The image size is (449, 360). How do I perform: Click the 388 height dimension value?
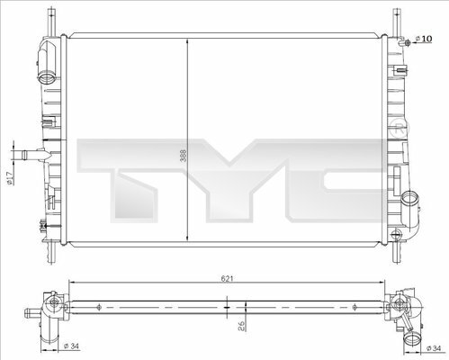pyautogui.click(x=184, y=156)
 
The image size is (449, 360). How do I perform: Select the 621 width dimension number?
pyautogui.click(x=227, y=279)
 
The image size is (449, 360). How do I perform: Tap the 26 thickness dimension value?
pyautogui.click(x=241, y=326)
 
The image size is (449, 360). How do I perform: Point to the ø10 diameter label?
pyautogui.click(x=424, y=39)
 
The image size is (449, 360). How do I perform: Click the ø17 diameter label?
pyautogui.click(x=9, y=178)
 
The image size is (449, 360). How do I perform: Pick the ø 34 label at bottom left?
pyautogui.click(x=71, y=346)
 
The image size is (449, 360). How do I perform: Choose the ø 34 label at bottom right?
pyautogui.click(x=434, y=348)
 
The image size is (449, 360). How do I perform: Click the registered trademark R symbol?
pyautogui.click(x=400, y=129)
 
